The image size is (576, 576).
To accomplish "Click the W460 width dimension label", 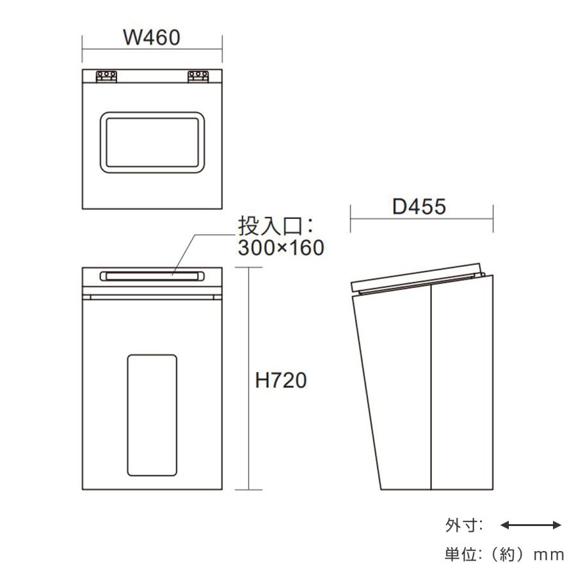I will click(152, 38).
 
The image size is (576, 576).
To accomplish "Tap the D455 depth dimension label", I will click(419, 207).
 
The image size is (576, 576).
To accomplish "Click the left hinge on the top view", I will click(106, 77).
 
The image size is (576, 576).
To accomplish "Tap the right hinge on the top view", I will click(198, 77).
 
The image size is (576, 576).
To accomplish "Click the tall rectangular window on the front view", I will click(152, 415).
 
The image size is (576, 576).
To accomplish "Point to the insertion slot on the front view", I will click(152, 276).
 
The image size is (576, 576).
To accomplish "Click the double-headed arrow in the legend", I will click(530, 525).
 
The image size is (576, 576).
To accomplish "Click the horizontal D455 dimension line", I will click(384, 218).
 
